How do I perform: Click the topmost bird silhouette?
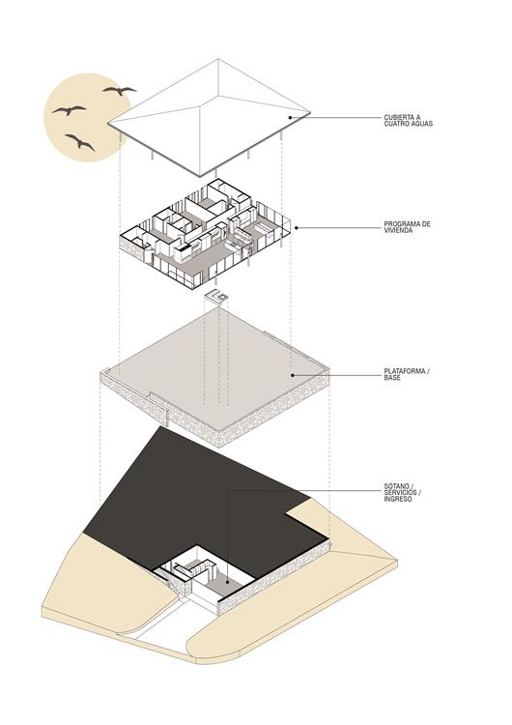pos(120,90)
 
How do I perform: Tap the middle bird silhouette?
pos(70,110)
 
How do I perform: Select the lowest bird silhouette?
pos(81,142)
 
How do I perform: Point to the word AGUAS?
pos(422,124)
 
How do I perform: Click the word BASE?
pos(392,377)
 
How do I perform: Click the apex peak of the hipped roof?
pos(218,59)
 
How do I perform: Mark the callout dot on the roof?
pos(290,117)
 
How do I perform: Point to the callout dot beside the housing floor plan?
pos(297,227)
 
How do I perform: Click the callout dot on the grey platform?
pos(293,375)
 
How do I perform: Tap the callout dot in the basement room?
pos(228,582)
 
